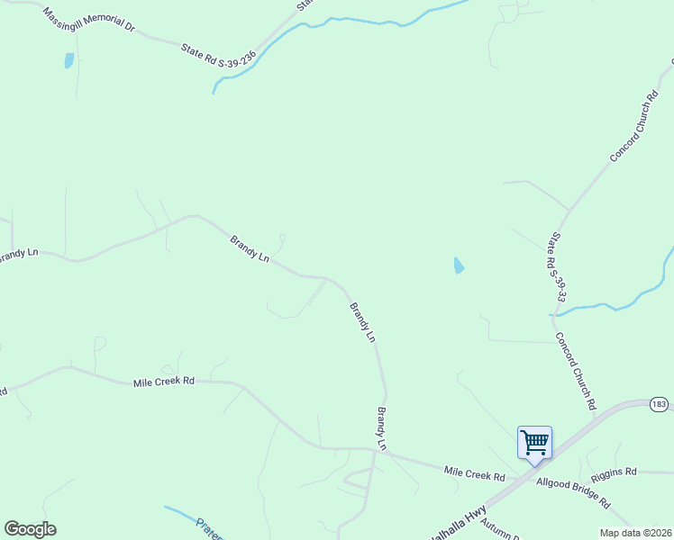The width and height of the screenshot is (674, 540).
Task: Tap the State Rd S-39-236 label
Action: (219, 56)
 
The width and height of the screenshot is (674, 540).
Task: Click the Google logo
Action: (30, 529)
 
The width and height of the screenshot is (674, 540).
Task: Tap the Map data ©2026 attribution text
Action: (635, 533)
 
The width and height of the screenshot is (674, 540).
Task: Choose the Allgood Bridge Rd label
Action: (573, 492)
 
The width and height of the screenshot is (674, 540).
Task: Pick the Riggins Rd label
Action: (614, 472)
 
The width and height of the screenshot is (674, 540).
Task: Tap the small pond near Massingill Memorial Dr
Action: (68, 60)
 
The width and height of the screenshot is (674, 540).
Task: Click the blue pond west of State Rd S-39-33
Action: (459, 265)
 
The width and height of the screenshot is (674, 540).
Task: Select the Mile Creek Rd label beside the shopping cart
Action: (475, 472)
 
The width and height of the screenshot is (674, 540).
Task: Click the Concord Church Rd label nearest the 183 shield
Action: (576, 372)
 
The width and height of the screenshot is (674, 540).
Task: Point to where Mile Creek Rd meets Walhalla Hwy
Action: (510, 480)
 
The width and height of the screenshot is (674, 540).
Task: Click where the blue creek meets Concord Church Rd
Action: (552, 315)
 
